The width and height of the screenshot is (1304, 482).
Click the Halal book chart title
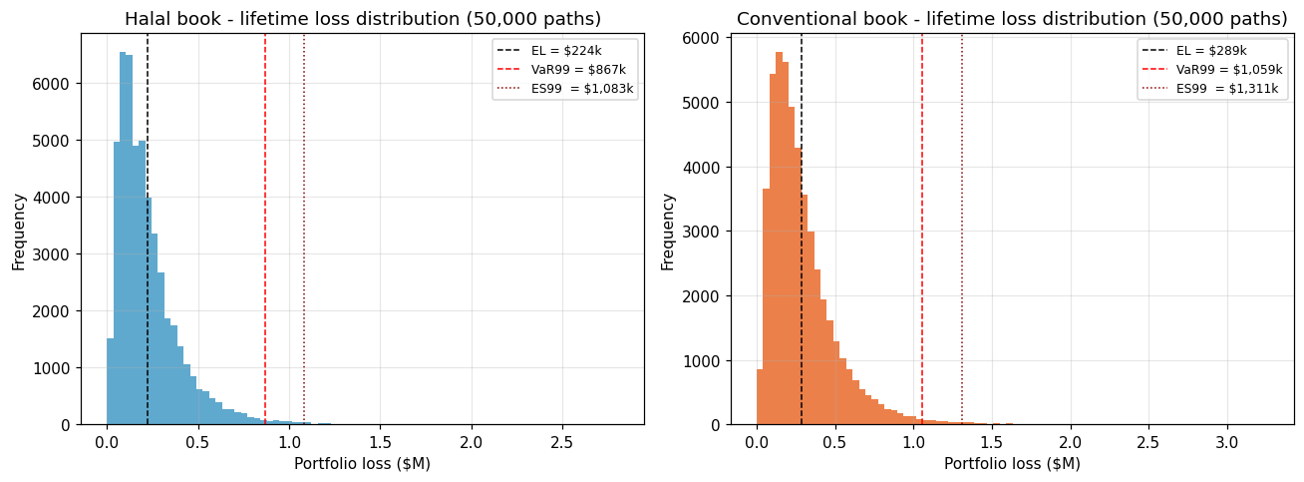(362, 19)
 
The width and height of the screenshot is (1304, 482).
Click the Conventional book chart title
(1012, 19)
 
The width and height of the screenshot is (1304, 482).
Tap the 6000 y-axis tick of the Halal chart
(55, 84)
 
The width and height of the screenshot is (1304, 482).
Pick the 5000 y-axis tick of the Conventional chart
(705, 102)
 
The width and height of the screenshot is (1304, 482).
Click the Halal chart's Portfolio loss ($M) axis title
(362, 464)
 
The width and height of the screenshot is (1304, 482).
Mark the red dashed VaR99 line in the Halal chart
(265, 249)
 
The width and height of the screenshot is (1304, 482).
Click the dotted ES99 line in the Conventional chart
(962, 249)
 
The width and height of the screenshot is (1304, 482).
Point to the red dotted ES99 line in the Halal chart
(304, 249)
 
